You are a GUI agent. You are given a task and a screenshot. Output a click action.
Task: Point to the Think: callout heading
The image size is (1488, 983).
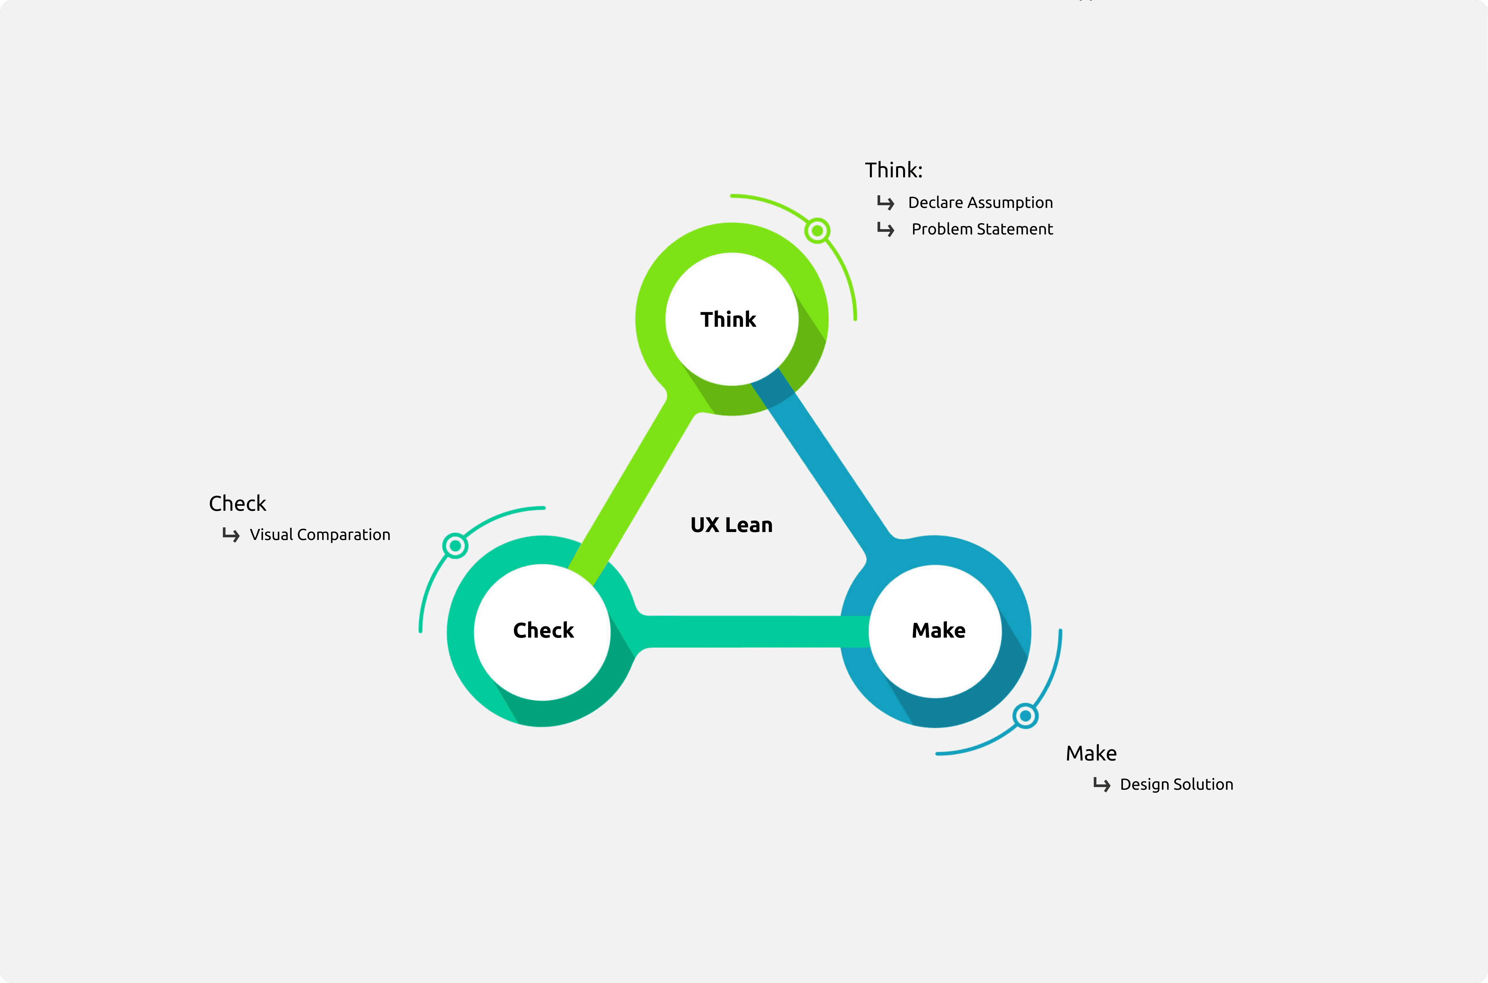pos(893,170)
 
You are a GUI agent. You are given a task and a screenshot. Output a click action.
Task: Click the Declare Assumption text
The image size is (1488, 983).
pos(980,203)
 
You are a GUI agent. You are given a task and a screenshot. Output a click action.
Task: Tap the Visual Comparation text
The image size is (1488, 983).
pos(320,535)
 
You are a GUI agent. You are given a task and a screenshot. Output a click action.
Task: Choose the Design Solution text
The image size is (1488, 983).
pos(1176,785)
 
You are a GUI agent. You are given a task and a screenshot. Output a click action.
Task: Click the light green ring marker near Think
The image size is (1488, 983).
pos(817,231)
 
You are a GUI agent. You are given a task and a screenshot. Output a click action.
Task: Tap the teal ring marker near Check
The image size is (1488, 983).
pos(455,545)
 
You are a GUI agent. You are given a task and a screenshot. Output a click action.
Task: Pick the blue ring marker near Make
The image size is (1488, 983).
pos(1025,715)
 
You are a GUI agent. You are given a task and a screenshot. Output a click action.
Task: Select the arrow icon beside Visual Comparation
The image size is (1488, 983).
pos(231,535)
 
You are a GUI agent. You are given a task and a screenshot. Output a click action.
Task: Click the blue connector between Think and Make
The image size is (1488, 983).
pos(828,464)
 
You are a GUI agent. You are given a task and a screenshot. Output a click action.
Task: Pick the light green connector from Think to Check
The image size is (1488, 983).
pos(633,489)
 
